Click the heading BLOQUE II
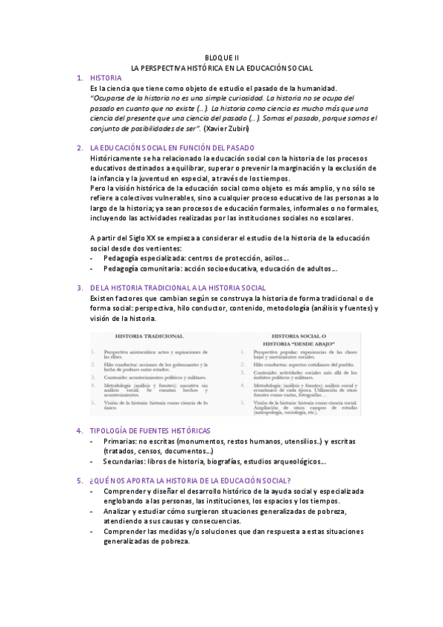coord(222,57)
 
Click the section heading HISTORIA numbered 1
coord(105,78)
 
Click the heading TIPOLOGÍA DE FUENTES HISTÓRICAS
coord(150,430)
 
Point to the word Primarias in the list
coord(121,441)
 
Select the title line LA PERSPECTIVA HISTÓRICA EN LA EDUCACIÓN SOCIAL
coord(222,67)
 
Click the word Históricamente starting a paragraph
coord(115,158)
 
